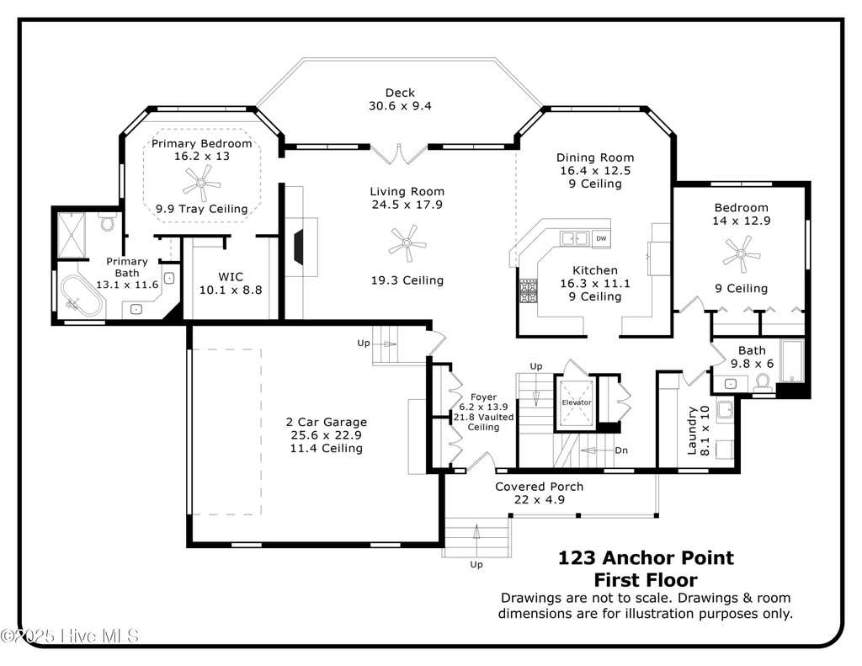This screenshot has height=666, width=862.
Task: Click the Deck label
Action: point(400,93)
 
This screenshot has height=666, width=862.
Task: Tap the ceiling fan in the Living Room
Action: point(407,242)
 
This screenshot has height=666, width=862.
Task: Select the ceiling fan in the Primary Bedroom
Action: point(201,183)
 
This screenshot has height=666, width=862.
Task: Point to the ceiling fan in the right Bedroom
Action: point(742,254)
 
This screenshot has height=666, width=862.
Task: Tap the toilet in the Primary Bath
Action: point(108,221)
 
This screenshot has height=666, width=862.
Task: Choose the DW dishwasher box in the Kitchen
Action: point(601,238)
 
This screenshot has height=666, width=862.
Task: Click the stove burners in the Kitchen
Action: point(529,291)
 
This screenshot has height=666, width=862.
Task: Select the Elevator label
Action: point(576,402)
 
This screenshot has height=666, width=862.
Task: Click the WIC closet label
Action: point(231,277)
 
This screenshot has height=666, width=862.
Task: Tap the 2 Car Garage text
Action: point(327,422)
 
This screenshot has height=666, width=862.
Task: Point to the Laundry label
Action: point(692,430)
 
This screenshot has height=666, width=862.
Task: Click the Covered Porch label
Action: point(540,487)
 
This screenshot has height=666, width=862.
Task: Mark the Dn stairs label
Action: point(621,450)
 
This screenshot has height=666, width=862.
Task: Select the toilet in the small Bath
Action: point(763,382)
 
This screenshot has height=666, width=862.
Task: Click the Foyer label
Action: point(484,397)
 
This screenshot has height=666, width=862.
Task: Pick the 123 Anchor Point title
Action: point(646,558)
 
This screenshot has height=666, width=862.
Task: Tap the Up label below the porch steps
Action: point(476,565)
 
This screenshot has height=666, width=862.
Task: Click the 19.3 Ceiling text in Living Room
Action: point(407,280)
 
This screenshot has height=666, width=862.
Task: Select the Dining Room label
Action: point(595,157)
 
